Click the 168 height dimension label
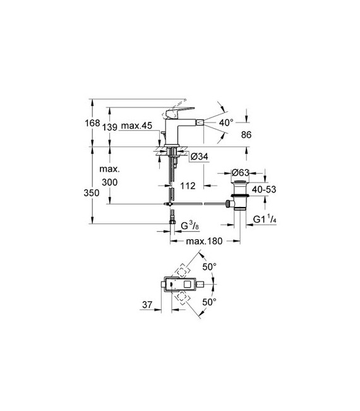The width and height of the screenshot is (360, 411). pos(92,123)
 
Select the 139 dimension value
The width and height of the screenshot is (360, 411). pos(110,128)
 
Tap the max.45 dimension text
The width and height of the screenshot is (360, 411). pos(136,126)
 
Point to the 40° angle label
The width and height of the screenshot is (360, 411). pos(226,122)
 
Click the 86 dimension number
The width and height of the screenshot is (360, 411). pos(246,135)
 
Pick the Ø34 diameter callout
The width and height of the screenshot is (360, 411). pos(200,157)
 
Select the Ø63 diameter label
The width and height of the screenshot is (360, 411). pos(241,173)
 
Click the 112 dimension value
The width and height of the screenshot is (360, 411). pos(188,186)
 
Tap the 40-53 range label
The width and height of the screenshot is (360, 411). pos(264,189)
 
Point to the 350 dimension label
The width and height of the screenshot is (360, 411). pos(92,193)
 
